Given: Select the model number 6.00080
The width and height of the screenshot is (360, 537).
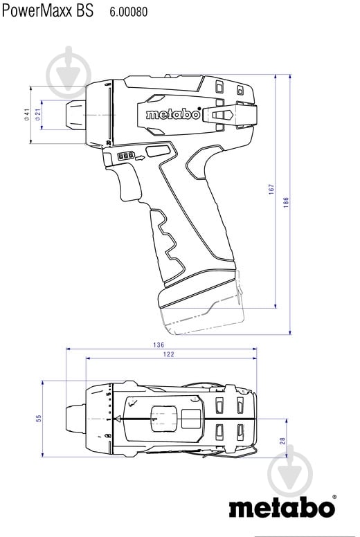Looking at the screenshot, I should (x=128, y=12).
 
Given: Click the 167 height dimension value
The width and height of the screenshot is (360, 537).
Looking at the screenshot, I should (x=272, y=188).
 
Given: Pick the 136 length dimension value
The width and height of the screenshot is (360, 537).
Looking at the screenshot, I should (x=159, y=345).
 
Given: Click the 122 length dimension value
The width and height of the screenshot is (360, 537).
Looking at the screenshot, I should (x=169, y=354).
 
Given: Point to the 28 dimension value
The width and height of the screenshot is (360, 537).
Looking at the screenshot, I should (x=283, y=441).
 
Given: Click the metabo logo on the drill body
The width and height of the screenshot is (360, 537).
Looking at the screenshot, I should (x=173, y=115).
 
